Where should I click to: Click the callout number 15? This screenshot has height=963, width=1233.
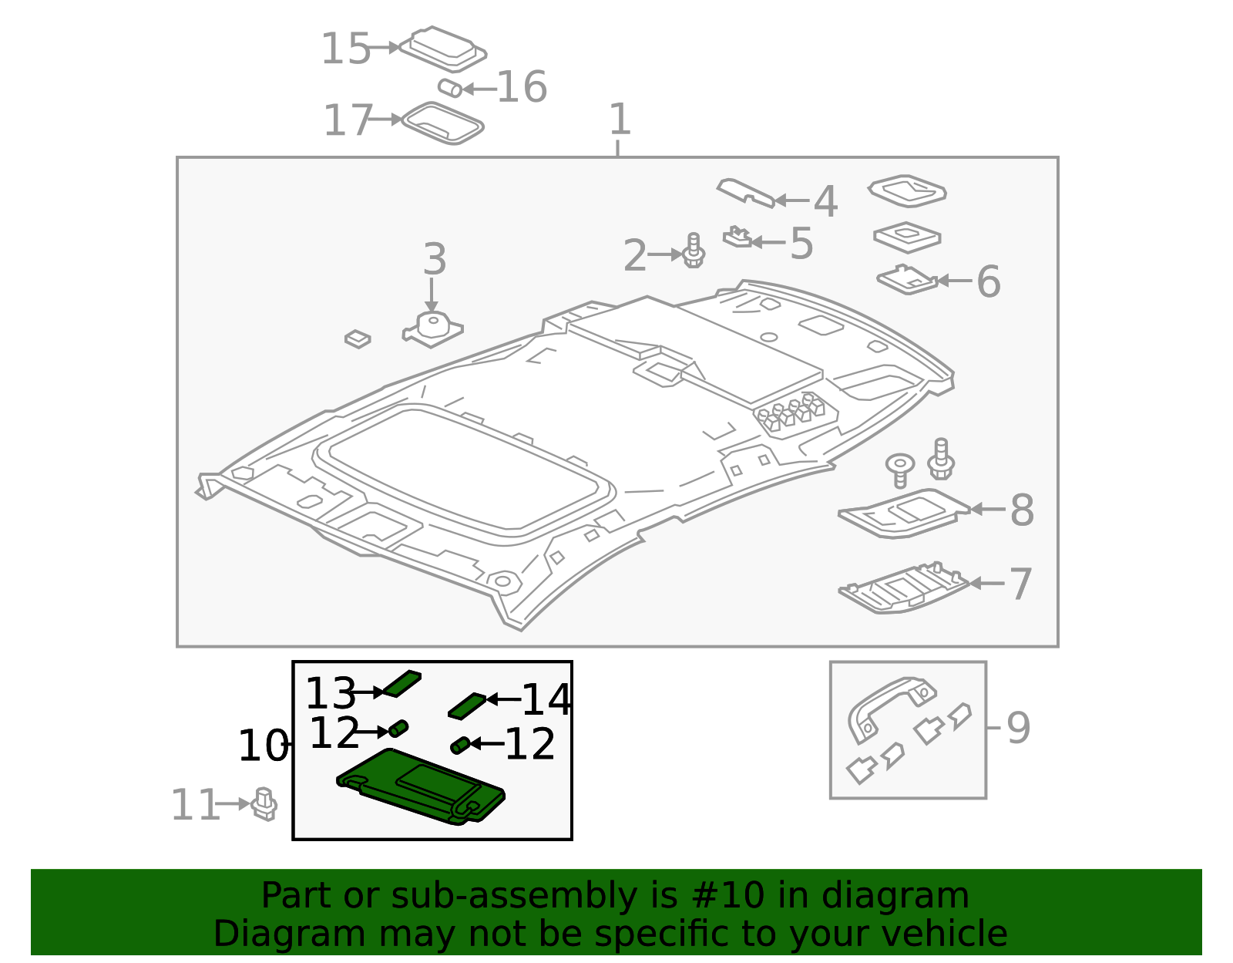[345, 49]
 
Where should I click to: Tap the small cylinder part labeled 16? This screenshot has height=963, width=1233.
[450, 88]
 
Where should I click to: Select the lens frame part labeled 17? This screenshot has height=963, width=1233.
[442, 123]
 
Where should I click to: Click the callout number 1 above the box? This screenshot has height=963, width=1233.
[620, 120]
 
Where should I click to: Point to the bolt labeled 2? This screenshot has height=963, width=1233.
[694, 251]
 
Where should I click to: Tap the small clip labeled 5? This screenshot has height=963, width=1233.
[737, 237]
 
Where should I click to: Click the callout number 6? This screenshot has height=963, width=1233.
[988, 281]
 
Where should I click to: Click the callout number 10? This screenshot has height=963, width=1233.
[263, 746]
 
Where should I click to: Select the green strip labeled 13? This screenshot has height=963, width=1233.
[401, 683]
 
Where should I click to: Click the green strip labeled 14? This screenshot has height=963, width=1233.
[467, 705]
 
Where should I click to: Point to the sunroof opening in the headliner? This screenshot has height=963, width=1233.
[462, 470]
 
